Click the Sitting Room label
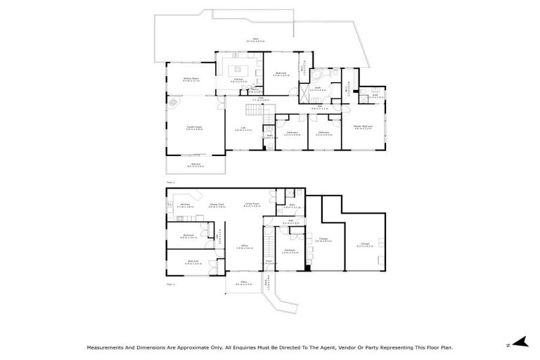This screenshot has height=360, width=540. click(x=191, y=79)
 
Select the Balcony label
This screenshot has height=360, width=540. click(x=195, y=165)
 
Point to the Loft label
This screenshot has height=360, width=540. click(x=243, y=129)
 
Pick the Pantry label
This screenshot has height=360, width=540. click(x=255, y=90)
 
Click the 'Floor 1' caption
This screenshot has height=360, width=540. click(x=169, y=285)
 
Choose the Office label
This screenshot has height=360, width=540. click(x=243, y=247)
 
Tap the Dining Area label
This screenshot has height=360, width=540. click(x=216, y=205)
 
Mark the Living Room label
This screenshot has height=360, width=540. click(x=252, y=205)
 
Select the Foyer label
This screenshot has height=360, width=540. click(x=269, y=264)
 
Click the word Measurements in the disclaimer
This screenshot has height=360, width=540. click(x=105, y=347)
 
